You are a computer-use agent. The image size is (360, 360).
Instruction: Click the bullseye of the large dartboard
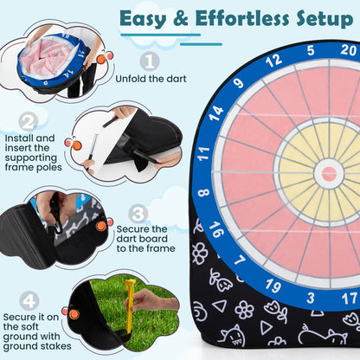329,173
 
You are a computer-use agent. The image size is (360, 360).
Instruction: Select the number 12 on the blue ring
273,61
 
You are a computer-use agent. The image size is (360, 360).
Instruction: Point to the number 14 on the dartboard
216,111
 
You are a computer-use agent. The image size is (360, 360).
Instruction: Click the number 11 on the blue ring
203,154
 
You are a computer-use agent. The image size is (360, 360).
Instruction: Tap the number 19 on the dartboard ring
272,285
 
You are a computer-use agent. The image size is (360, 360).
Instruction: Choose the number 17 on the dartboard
350,298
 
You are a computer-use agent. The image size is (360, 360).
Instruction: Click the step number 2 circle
29,123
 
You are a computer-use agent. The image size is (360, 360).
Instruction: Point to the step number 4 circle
29,300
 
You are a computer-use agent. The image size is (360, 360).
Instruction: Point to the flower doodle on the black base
245,308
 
